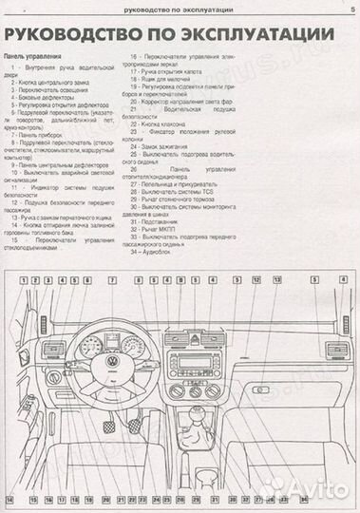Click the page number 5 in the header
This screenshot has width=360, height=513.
pos(351,9)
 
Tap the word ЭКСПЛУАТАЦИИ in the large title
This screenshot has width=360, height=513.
pos(244,37)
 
